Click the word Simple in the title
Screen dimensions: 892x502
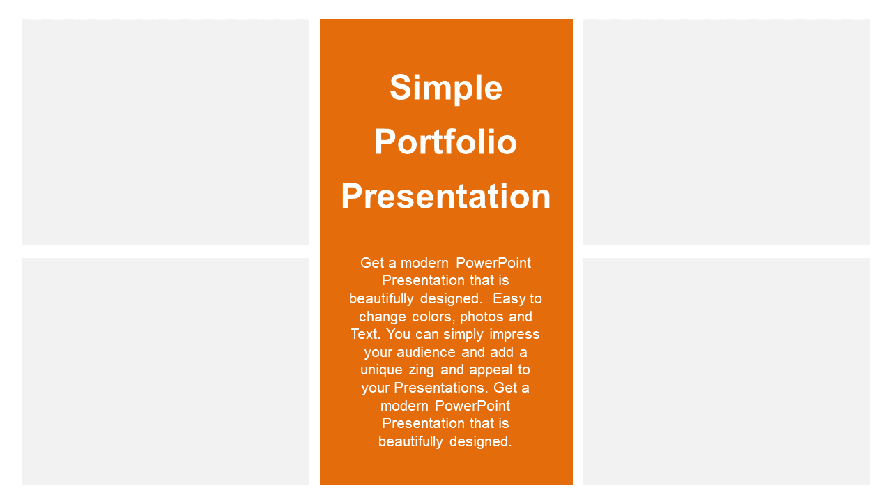pyautogui.click(x=446, y=89)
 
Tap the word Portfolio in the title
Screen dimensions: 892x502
pyautogui.click(x=445, y=142)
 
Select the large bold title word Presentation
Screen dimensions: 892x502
pyautogui.click(x=446, y=196)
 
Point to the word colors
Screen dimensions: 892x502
pyautogui.click(x=433, y=317)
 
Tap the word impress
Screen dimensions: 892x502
pyautogui.click(x=514, y=335)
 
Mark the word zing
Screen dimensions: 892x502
pyautogui.click(x=422, y=370)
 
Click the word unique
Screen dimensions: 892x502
pyautogui.click(x=381, y=370)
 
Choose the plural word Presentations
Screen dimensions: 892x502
pyautogui.click(x=441, y=388)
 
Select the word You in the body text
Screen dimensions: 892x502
pyautogui.click(x=398, y=334)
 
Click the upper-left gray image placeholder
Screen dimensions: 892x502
pyautogui.click(x=165, y=132)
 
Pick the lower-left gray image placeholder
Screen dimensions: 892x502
pyautogui.click(x=165, y=372)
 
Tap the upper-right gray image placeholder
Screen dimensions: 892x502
pyautogui.click(x=727, y=132)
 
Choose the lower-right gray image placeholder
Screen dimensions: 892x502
pyautogui.click(x=727, y=372)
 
